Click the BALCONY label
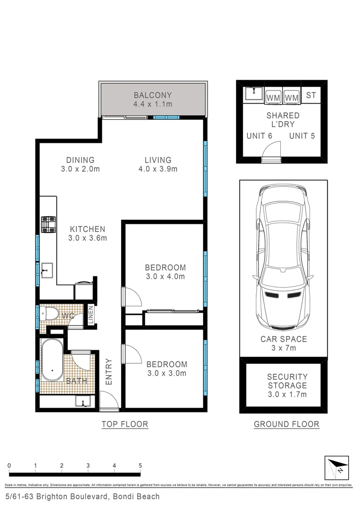click(152, 95)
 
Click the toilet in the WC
click(49, 313)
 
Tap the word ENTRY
click(109, 372)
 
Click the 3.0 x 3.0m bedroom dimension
click(166, 373)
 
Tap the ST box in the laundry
click(311, 95)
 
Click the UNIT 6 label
click(259, 136)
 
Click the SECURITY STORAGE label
click(287, 381)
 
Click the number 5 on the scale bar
click(140, 466)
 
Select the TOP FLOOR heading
click(125, 424)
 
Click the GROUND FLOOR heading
click(286, 424)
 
